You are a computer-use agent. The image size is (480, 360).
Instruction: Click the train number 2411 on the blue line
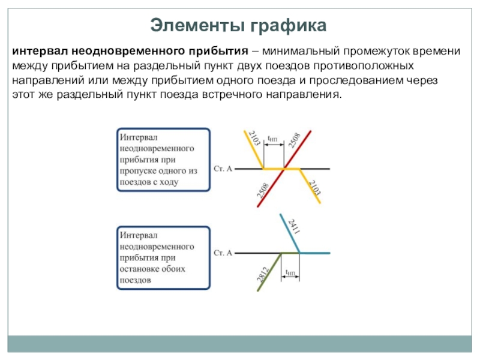(x=294, y=227)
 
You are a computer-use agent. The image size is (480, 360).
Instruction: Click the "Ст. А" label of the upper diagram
(x=223, y=169)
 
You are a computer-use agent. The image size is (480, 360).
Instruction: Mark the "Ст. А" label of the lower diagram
(x=223, y=253)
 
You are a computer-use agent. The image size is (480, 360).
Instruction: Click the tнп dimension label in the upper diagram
(x=272, y=139)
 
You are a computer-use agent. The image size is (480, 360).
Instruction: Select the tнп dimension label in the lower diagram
(x=290, y=272)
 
